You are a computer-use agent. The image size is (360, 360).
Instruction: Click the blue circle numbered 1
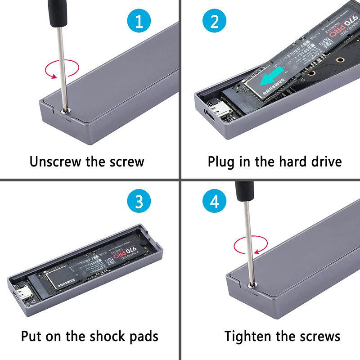point(138,21)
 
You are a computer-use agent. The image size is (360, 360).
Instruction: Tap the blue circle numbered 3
point(137,202)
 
